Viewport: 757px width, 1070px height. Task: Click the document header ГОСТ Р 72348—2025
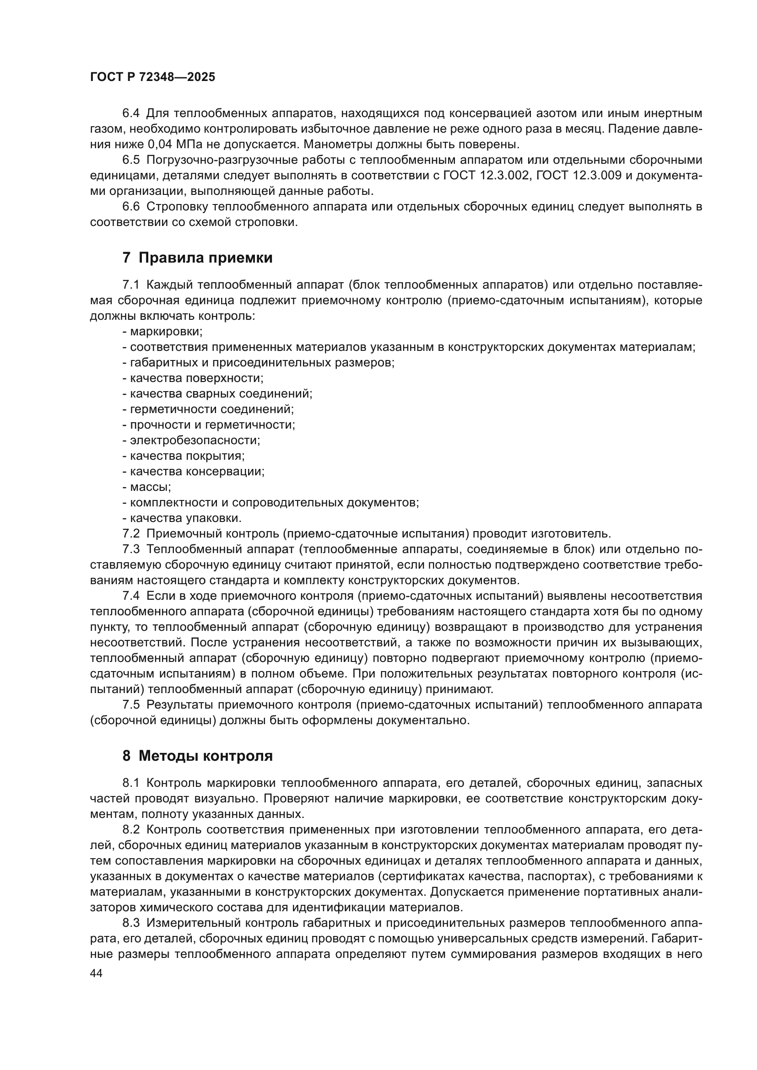pos(152,77)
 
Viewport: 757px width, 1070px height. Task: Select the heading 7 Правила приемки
pos(197,258)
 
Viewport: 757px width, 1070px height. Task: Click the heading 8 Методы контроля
pos(197,755)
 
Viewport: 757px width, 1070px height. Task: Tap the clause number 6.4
pos(130,113)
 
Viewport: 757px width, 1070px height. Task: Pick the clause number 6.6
pos(130,206)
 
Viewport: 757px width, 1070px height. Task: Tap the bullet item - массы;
pos(146,487)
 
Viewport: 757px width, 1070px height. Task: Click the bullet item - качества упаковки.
pos(182,518)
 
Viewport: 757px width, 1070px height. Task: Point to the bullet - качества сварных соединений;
pos(217,393)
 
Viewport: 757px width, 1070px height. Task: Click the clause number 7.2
pos(130,533)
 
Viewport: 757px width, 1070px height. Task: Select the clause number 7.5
pos(130,704)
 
